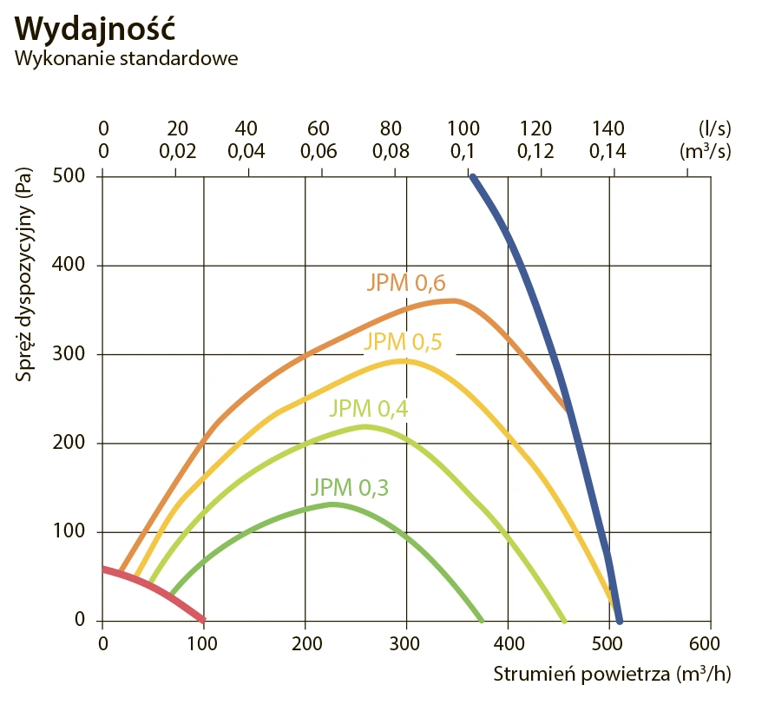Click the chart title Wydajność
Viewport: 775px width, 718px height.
(x=95, y=28)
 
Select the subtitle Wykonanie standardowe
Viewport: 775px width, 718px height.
(x=127, y=59)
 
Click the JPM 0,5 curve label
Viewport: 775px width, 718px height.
(x=403, y=341)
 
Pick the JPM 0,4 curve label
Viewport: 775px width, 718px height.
(x=368, y=408)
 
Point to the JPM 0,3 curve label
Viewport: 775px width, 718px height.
(x=349, y=487)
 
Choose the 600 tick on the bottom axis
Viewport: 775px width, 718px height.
(x=709, y=643)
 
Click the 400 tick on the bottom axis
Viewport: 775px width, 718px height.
(x=507, y=643)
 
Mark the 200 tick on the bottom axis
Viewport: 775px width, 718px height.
(x=305, y=643)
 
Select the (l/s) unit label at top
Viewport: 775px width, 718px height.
(x=714, y=128)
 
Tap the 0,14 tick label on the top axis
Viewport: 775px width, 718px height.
(x=608, y=151)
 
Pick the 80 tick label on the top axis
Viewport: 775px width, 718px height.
(x=392, y=128)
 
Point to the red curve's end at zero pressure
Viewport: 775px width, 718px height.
(x=203, y=619)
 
